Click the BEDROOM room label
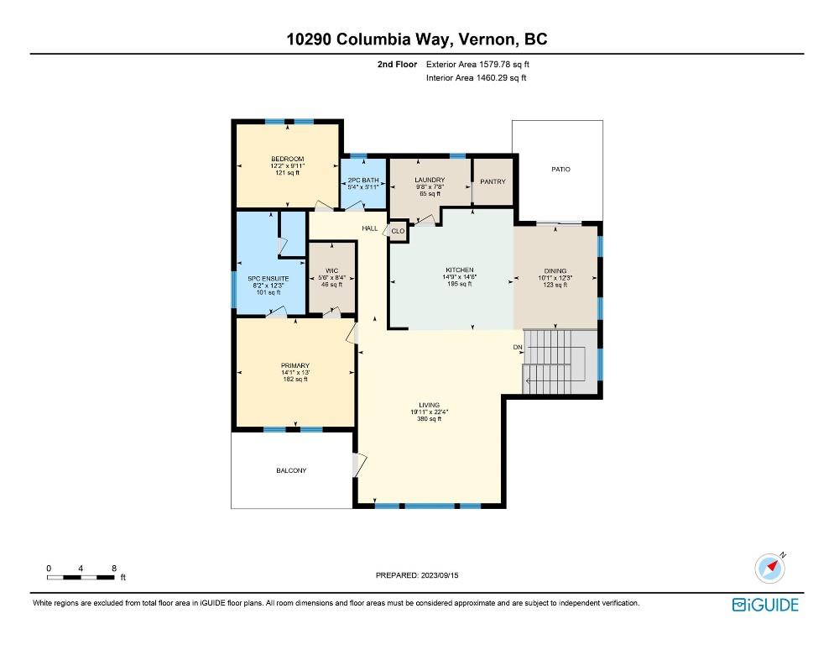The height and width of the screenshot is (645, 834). click(287, 160)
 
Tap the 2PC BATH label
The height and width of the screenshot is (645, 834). click(362, 181)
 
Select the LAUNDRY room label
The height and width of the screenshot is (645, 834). click(429, 181)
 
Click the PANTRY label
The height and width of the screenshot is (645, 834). click(492, 181)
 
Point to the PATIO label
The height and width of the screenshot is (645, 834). click(560, 170)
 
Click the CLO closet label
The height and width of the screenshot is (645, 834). click(398, 230)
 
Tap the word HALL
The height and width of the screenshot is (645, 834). click(369, 228)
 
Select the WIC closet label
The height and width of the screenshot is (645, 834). click(331, 270)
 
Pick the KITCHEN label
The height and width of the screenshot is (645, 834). click(459, 270)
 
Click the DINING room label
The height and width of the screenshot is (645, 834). click(555, 270)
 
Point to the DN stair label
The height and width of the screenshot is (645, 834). click(518, 347)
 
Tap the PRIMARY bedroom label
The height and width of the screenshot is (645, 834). click(295, 365)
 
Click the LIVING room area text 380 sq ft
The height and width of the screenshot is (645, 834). click(429, 419)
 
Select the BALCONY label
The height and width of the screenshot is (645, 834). click(291, 470)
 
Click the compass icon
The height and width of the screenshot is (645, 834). click(769, 568)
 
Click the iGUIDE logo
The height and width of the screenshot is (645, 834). click(765, 605)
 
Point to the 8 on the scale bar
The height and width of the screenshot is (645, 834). click(113, 568)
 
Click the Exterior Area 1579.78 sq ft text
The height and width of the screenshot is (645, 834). click(478, 64)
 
